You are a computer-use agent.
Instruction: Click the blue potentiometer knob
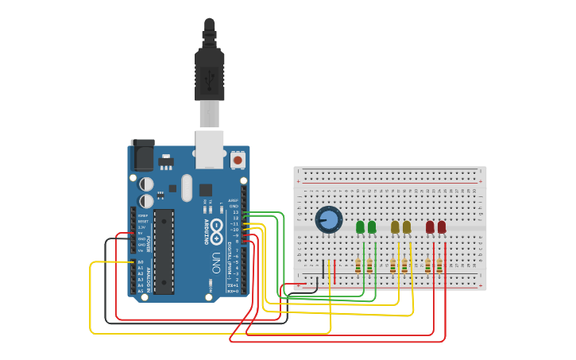tap(328, 219)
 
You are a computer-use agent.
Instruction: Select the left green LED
tap(360, 227)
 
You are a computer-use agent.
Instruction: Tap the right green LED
tap(372, 227)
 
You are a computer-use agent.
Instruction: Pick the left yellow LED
tap(395, 227)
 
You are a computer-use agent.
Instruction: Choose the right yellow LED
tap(407, 227)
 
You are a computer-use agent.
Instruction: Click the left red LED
tap(430, 227)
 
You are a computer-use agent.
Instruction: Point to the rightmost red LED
tap(442, 227)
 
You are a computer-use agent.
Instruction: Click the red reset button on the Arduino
tap(237, 160)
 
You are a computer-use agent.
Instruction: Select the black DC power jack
tap(142, 155)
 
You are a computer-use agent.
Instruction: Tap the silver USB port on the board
tap(210, 149)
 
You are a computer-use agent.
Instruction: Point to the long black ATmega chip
tap(164, 251)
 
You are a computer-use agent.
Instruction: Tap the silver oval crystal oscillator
tap(187, 188)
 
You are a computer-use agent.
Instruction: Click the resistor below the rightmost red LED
tap(439, 265)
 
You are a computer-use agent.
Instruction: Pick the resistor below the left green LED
tap(358, 265)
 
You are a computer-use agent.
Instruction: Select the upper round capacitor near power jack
tap(147, 184)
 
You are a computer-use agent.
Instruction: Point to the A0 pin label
tap(141, 262)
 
